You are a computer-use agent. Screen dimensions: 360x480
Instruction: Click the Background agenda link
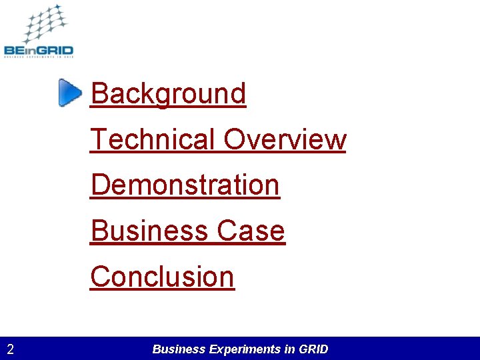168,93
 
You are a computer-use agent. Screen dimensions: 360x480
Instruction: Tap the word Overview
285,139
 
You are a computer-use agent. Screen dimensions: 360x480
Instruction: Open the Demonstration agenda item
185,185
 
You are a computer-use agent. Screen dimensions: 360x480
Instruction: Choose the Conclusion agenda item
162,276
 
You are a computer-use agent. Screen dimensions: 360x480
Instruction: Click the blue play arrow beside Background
69,93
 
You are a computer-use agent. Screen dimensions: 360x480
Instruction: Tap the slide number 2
11,349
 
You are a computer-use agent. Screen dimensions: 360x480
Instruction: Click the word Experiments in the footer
244,349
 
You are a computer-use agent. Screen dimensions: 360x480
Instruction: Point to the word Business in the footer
179,349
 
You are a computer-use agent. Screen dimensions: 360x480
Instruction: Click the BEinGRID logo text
38,49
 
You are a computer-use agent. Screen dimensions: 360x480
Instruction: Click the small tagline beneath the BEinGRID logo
38,58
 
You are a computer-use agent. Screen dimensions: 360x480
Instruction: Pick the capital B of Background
99,93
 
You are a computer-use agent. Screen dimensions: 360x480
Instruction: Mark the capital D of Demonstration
99,185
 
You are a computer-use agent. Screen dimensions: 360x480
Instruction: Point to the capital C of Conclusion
100,276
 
